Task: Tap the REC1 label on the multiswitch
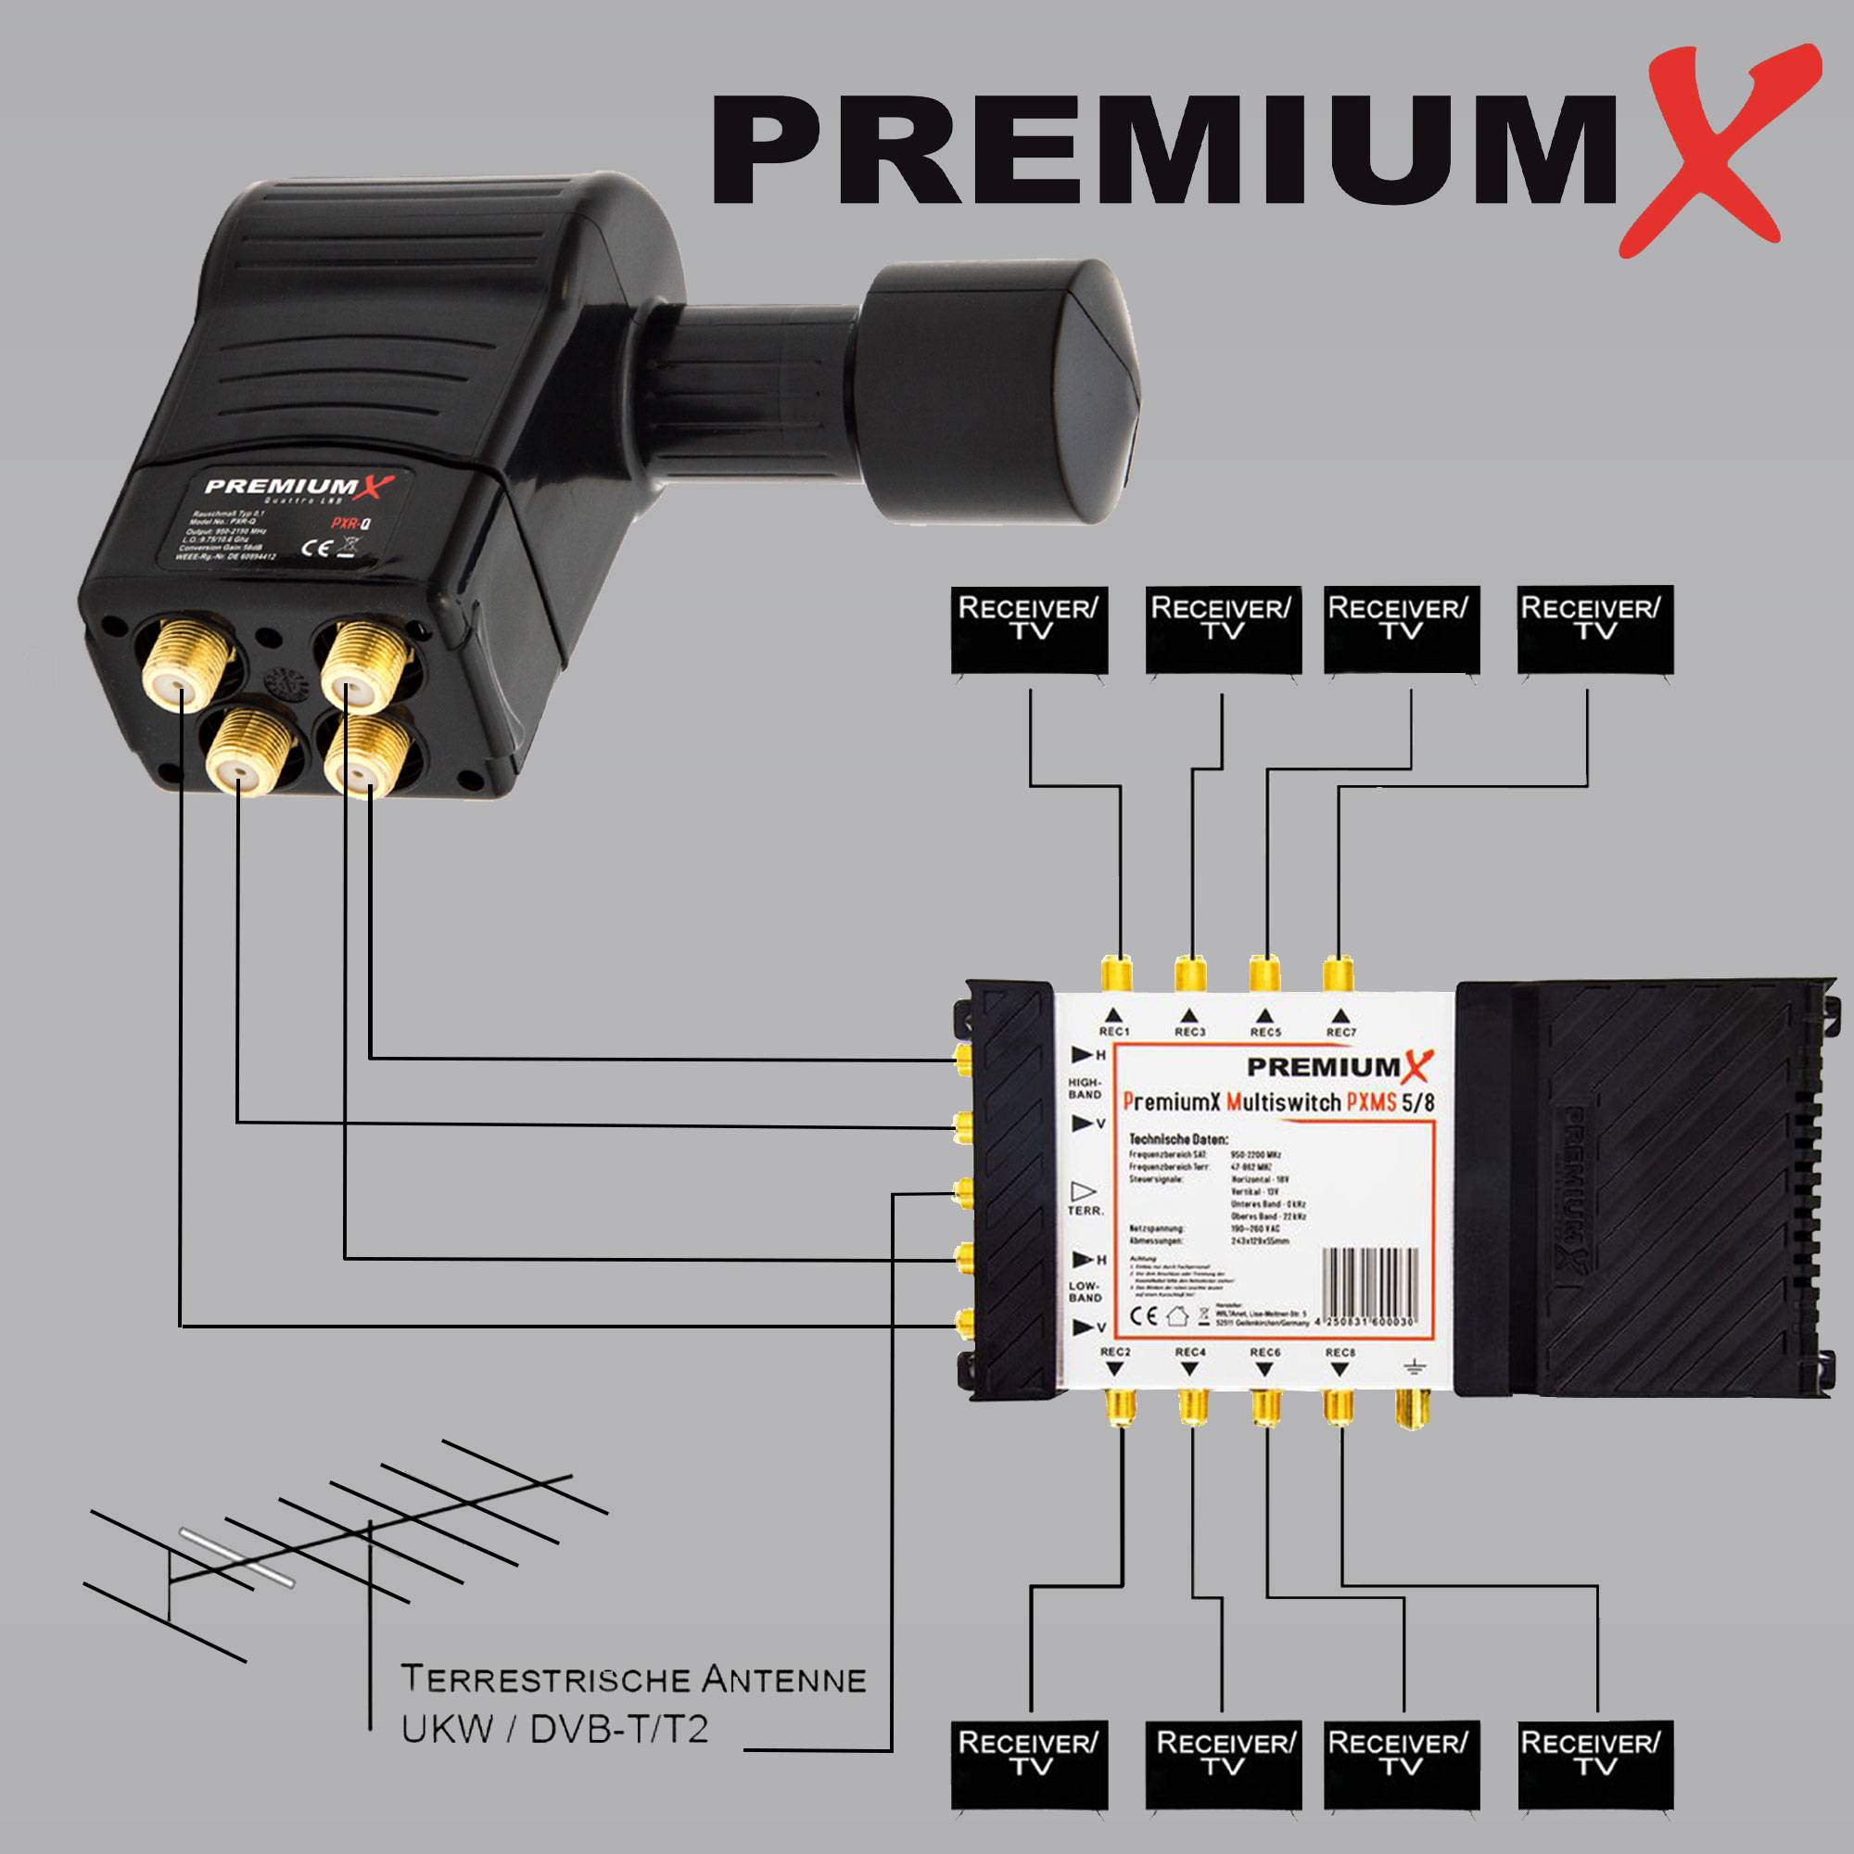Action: tap(1114, 1032)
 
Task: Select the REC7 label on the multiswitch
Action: tap(1340, 1032)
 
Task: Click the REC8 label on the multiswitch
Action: tap(1340, 1352)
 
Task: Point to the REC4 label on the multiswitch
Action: tap(1190, 1352)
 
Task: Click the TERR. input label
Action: tap(1086, 1211)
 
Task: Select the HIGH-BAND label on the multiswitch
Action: tap(1085, 1088)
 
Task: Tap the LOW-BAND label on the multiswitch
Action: tap(1085, 1290)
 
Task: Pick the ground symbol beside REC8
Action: tap(1412, 1365)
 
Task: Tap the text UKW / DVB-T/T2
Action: tap(554, 1729)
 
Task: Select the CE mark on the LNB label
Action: tap(316, 549)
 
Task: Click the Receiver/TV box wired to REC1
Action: tap(1029, 629)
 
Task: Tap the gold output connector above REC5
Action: tap(1264, 974)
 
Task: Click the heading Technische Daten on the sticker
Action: tap(1178, 1139)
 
